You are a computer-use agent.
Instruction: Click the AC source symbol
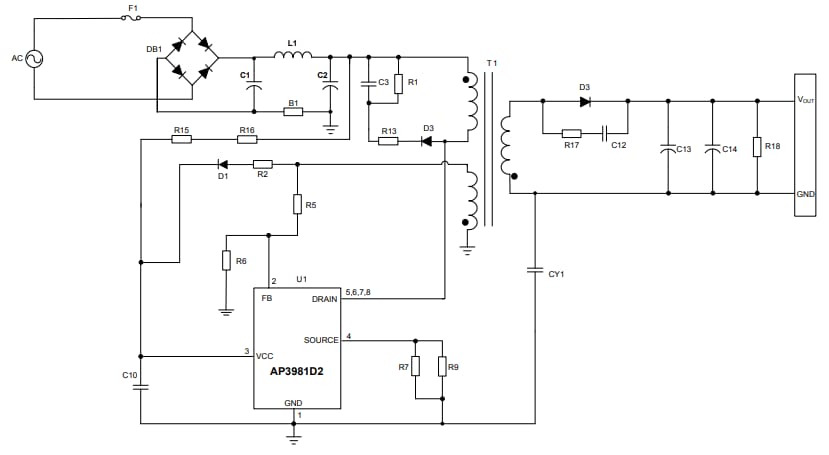point(34,60)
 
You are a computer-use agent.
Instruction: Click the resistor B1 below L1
point(293,111)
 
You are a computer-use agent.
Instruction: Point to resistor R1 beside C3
point(398,84)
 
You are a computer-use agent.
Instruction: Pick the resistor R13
point(388,141)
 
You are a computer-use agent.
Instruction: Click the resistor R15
point(181,139)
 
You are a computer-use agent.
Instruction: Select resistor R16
point(246,139)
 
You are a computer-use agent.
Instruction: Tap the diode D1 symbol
point(222,164)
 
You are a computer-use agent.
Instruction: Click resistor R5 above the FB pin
point(298,204)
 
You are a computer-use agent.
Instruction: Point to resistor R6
point(227,260)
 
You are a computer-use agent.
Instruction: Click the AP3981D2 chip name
point(295,371)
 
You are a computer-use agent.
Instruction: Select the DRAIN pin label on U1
point(324,298)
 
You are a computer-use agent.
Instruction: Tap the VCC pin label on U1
point(265,356)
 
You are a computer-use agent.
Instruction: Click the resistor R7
point(415,367)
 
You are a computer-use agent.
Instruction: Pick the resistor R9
point(442,367)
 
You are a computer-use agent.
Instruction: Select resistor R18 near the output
point(757,148)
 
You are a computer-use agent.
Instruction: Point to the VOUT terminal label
point(805,100)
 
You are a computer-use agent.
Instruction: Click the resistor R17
point(571,133)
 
